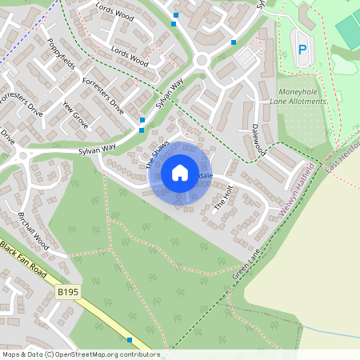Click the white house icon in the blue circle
(x=180, y=173)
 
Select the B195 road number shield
(x=68, y=294)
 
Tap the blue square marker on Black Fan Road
(x=130, y=340)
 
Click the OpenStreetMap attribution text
(x=80, y=354)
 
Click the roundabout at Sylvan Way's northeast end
(x=202, y=60)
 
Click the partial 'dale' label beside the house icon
(x=206, y=175)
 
